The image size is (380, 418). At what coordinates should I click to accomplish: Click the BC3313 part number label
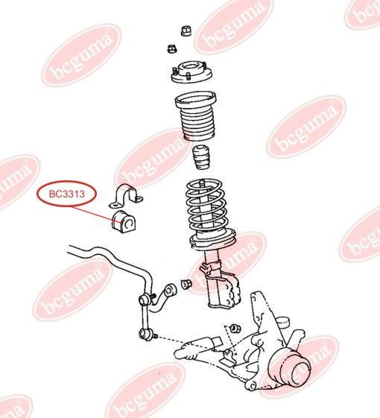tap(67, 194)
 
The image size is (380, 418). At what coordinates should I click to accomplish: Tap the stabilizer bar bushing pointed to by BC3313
tap(123, 221)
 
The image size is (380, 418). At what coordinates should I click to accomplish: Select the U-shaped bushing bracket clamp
tap(126, 195)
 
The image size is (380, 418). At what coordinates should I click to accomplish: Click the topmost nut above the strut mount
tap(186, 31)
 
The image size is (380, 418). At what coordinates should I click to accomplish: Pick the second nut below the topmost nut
tap(172, 48)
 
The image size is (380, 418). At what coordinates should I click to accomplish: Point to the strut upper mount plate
tap(191, 72)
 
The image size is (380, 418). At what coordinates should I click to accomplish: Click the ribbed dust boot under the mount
tap(195, 116)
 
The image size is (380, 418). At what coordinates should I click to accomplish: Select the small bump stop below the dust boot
tap(200, 157)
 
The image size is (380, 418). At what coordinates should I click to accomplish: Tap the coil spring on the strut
tap(206, 206)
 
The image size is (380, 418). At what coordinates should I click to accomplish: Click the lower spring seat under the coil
tap(212, 240)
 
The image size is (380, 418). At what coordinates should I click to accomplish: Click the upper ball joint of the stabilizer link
tap(145, 300)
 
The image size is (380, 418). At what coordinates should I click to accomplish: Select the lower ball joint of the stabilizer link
tap(147, 334)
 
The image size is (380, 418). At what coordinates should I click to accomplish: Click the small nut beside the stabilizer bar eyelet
tap(186, 284)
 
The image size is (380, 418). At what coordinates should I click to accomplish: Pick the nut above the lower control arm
tap(235, 328)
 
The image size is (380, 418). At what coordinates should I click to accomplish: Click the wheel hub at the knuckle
tap(291, 367)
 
